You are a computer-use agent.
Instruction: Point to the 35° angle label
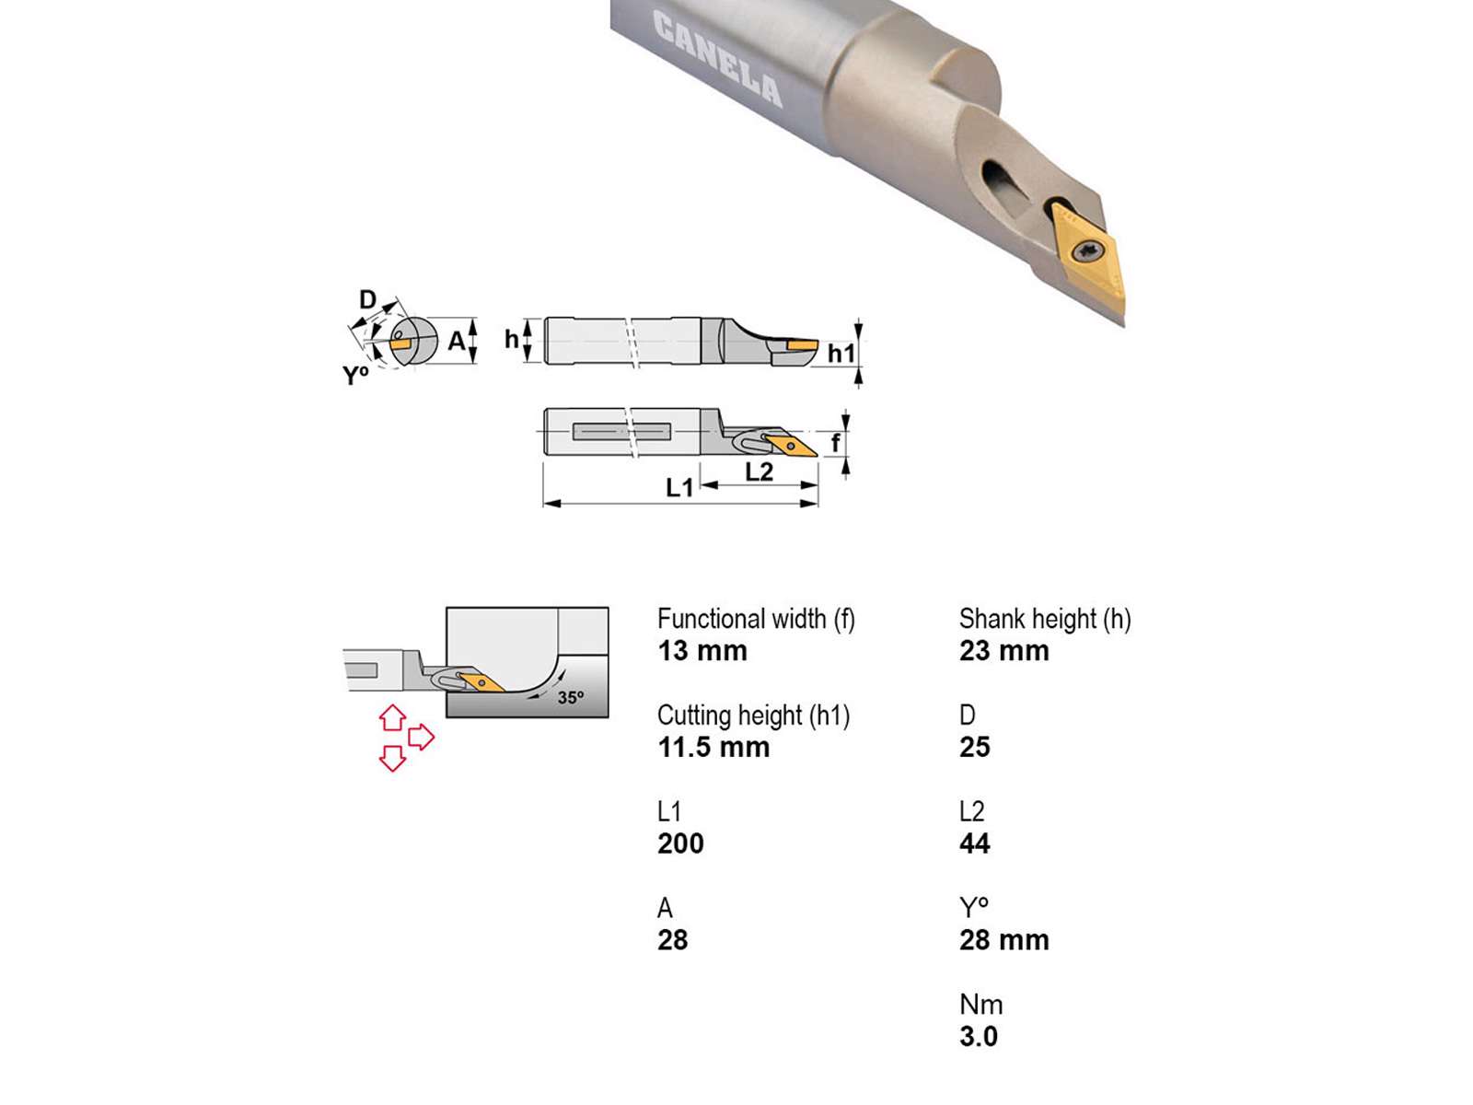571,697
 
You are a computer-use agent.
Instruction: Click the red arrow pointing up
392,717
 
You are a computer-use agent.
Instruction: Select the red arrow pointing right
422,737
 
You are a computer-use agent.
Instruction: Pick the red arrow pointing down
392,758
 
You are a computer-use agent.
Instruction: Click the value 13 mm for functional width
702,651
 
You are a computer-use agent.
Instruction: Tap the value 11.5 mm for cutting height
713,747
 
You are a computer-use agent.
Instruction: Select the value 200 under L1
680,843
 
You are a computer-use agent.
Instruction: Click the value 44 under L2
974,843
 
